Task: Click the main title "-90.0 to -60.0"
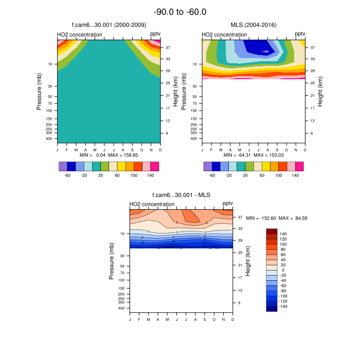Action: pos(180,12)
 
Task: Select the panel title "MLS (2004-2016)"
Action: pos(253,25)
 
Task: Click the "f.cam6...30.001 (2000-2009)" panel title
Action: pos(108,25)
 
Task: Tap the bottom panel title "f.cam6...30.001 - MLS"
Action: pos(181,194)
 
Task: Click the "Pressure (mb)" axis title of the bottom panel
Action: pos(112,261)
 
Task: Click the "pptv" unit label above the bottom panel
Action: pos(227,204)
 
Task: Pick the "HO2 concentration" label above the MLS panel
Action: pos(224,35)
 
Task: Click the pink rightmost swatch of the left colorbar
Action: pos(155,166)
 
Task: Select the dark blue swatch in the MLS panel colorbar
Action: pos(216,166)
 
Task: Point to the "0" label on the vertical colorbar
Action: pos(282,270)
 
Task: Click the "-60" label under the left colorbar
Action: pos(67,175)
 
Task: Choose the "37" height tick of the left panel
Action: pos(168,47)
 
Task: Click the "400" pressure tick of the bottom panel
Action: pos(122,309)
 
